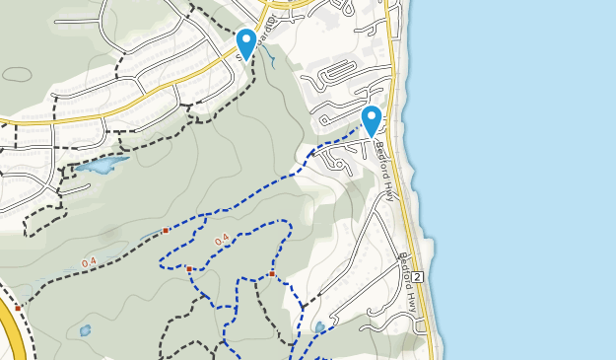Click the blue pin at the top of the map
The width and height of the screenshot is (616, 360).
(246, 42)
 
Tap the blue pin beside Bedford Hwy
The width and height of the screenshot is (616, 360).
(372, 119)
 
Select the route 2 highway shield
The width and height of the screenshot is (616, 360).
(418, 275)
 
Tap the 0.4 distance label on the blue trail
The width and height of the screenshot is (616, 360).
(221, 239)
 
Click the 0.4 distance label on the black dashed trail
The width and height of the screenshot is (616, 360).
(89, 262)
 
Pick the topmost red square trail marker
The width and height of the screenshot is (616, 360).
(166, 230)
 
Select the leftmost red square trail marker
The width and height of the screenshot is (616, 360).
(18, 308)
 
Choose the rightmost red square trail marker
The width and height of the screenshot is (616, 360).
(271, 273)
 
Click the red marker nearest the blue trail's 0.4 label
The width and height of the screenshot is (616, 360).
(189, 268)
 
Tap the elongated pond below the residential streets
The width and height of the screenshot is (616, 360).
(103, 164)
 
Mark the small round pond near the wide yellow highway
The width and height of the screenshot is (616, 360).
(86, 330)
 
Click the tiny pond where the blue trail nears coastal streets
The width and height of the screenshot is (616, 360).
(319, 326)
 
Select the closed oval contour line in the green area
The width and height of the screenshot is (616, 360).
(18, 75)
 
